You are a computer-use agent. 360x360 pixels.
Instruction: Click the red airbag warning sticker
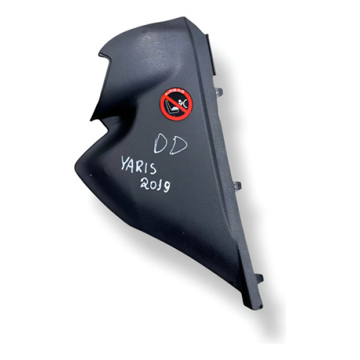[x=175, y=103]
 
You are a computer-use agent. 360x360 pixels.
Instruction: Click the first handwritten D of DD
[x=162, y=144]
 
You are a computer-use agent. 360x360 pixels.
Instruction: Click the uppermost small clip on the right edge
[x=218, y=92]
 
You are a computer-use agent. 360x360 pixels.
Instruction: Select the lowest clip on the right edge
[x=259, y=277]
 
